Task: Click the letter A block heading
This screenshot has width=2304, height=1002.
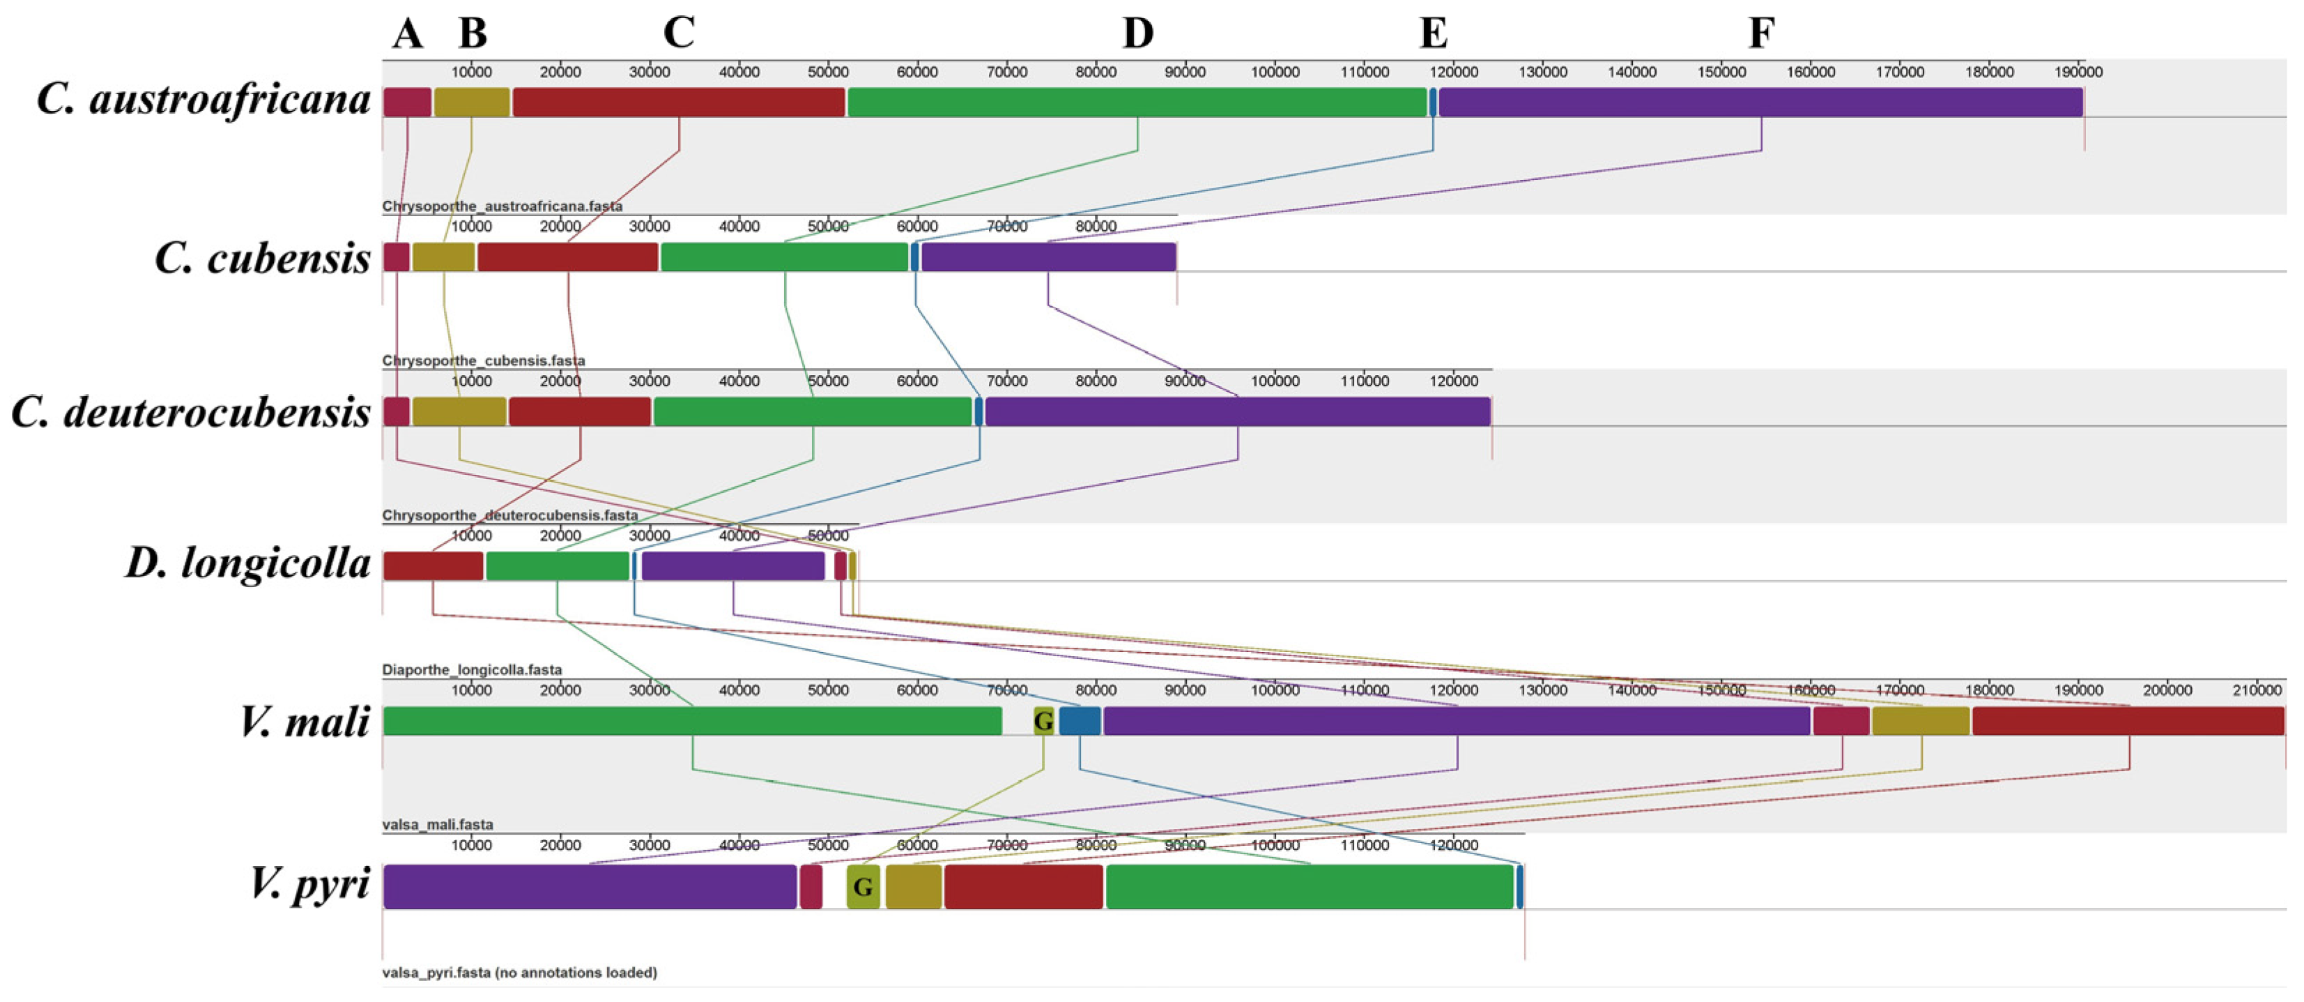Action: tap(407, 34)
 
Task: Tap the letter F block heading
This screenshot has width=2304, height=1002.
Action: tap(1761, 34)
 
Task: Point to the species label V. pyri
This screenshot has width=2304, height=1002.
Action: tap(309, 885)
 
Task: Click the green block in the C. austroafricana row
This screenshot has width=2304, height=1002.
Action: tap(1137, 102)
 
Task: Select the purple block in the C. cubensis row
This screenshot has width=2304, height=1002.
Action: tap(1048, 257)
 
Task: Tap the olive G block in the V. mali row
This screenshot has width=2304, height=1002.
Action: tap(1043, 721)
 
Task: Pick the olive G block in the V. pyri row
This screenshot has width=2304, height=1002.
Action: tap(863, 886)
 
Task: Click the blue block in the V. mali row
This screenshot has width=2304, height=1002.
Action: tap(1080, 721)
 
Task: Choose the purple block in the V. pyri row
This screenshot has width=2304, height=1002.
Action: tap(590, 886)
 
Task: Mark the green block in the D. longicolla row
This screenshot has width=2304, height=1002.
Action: tap(558, 566)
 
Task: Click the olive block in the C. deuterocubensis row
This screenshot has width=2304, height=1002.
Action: tap(459, 411)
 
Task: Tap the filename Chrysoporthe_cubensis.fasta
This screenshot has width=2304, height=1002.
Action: tap(484, 360)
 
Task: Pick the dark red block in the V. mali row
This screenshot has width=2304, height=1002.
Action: tap(2128, 721)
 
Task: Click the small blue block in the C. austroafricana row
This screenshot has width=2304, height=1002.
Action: tap(1433, 102)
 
